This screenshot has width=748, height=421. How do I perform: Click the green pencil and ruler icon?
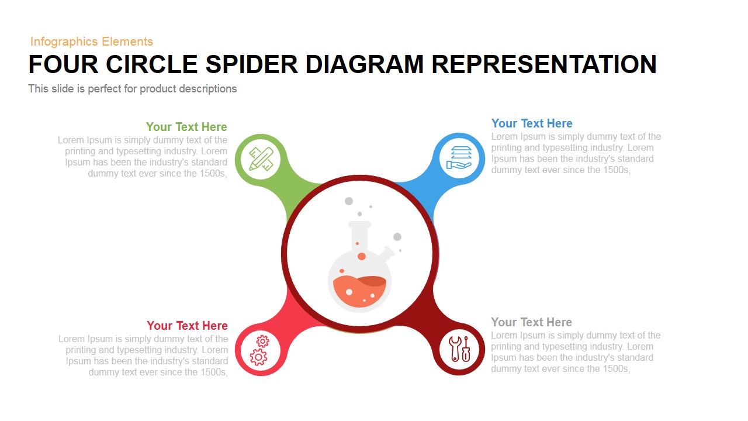click(x=261, y=159)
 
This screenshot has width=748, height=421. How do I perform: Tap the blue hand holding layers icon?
click(x=459, y=157)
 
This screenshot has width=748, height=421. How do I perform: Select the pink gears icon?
click(x=259, y=350)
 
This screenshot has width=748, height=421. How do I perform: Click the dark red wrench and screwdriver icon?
click(x=459, y=349)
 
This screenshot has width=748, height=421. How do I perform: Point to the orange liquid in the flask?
click(x=359, y=291)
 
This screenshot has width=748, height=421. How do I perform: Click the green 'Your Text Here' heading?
click(x=186, y=127)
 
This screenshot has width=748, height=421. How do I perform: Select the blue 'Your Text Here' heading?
click(x=532, y=123)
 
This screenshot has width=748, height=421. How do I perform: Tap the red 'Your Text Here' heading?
click(x=187, y=326)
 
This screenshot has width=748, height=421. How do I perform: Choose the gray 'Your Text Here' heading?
click(x=531, y=322)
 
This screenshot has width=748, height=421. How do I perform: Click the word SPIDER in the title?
click(x=251, y=64)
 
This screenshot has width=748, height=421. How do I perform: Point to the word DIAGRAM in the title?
click(x=364, y=64)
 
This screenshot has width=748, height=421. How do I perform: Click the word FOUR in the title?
click(x=64, y=64)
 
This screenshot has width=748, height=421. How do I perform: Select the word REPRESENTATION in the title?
click(x=544, y=64)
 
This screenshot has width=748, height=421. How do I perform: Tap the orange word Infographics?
click(x=64, y=42)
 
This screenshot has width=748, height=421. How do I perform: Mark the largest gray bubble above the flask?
click(x=349, y=201)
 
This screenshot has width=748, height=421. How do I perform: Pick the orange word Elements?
click(x=127, y=42)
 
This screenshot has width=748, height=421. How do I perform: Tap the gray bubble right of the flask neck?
click(x=397, y=237)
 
